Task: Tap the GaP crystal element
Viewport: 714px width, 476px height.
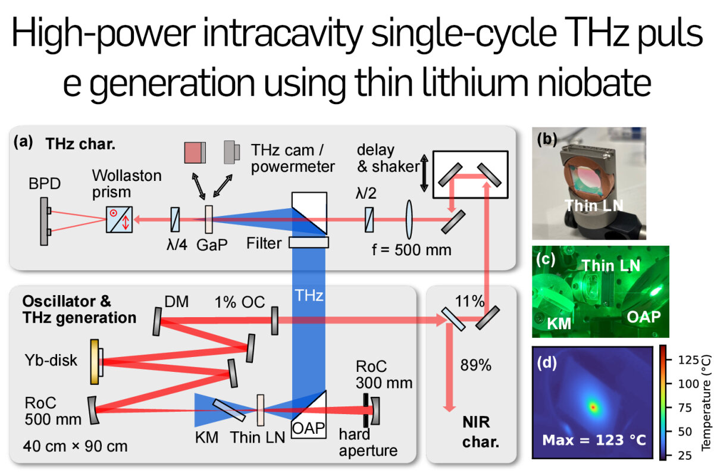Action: [208, 220]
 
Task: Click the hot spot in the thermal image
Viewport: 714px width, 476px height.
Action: [593, 407]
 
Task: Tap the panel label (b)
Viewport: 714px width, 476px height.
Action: [547, 140]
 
